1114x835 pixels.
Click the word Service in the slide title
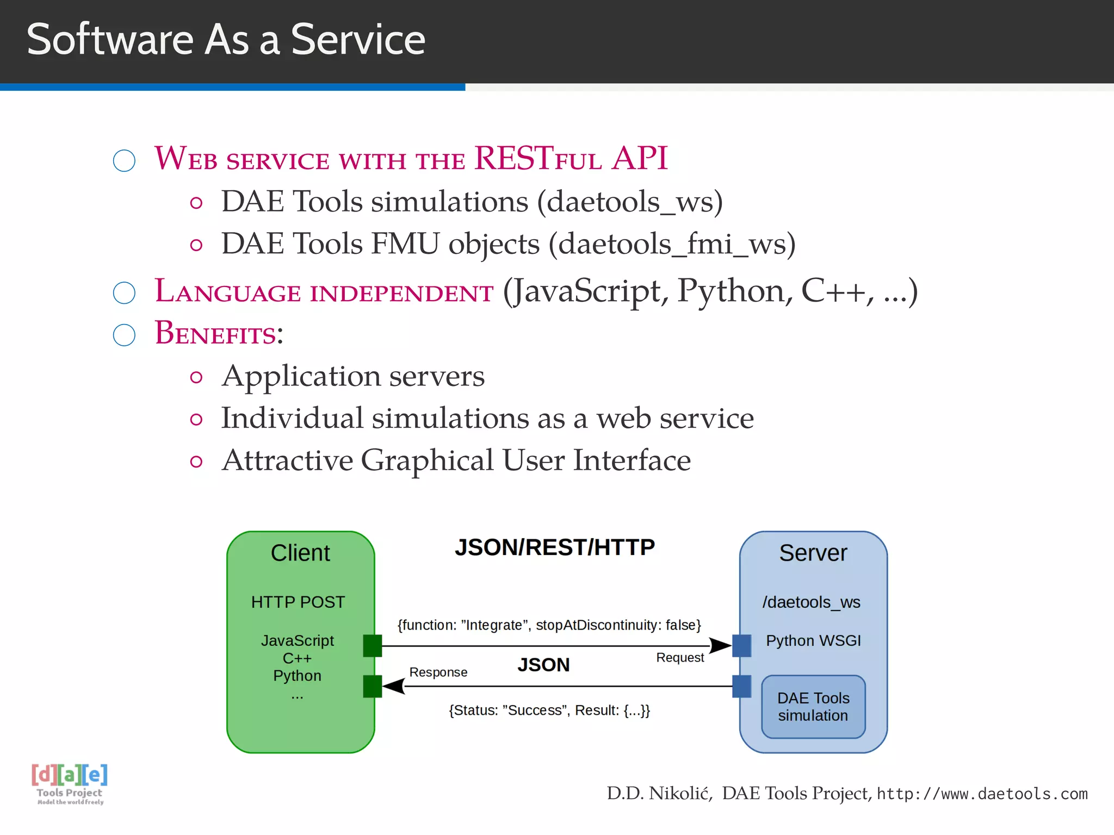coord(357,40)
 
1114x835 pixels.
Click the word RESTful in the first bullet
coord(537,159)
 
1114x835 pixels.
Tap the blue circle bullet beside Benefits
coord(124,335)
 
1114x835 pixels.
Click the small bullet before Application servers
coord(196,377)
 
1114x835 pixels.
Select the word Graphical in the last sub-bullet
coord(427,460)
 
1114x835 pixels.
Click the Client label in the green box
coord(300,553)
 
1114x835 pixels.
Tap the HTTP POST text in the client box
coord(298,602)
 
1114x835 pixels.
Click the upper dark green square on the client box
coord(373,646)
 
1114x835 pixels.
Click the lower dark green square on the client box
coord(373,686)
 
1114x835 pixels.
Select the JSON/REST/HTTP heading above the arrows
coord(554,547)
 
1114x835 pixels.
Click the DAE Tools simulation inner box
coord(813,707)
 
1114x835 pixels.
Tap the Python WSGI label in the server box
coord(813,641)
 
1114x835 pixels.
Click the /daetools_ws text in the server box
coord(811,602)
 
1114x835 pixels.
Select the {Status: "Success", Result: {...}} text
coord(549,711)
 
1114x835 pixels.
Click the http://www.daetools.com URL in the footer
coord(982,794)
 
